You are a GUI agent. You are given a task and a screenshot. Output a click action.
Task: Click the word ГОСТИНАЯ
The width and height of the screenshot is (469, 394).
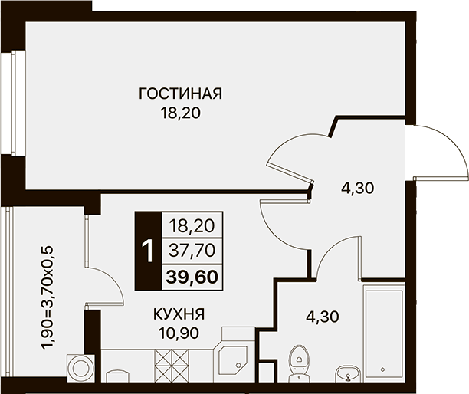(180, 94)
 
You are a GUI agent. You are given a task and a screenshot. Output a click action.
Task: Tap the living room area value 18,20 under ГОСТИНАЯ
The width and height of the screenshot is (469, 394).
(180, 113)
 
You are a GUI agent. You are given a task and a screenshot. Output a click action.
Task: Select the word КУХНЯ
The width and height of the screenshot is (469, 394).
(179, 314)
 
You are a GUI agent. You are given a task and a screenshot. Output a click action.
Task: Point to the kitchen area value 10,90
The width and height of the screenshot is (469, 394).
(179, 333)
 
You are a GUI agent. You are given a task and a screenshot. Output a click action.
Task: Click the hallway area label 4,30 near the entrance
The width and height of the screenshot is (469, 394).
(358, 188)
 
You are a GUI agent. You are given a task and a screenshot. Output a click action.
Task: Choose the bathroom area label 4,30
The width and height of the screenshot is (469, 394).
(323, 317)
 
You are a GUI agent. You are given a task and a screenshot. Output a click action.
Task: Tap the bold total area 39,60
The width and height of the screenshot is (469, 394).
(192, 277)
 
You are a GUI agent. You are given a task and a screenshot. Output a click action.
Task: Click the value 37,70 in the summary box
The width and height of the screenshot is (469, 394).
(192, 251)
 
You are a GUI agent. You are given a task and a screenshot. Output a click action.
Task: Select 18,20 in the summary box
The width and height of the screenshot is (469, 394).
(192, 226)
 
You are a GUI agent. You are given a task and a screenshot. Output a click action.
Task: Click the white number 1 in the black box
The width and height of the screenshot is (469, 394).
(148, 251)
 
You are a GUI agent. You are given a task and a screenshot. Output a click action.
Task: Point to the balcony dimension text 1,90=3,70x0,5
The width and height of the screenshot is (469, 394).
(48, 297)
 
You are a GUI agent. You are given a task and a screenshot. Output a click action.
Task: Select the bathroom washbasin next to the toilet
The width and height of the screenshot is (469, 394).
(348, 373)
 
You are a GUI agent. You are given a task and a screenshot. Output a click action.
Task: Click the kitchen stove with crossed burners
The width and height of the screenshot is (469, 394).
(172, 366)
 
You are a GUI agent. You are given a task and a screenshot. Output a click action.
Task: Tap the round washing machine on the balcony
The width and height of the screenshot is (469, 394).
(80, 368)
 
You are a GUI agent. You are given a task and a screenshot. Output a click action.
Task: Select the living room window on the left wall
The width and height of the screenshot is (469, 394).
(14, 103)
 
